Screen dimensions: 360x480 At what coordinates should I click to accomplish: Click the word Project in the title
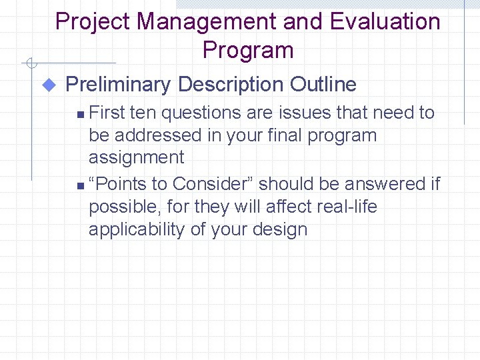93,22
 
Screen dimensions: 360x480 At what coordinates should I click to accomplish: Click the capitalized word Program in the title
247,51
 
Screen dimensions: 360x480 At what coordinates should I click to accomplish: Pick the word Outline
323,85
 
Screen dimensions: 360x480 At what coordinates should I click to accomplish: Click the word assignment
136,158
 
